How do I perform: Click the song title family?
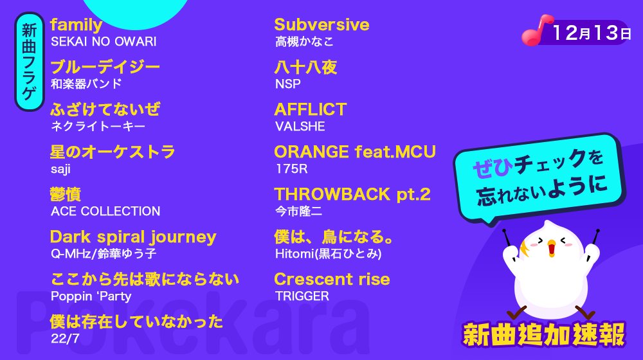76,25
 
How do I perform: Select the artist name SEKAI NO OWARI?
103,42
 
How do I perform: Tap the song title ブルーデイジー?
105,67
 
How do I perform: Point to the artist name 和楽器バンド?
86,84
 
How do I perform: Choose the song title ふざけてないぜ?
105,109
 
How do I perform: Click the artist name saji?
60,169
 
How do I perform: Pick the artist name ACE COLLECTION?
105,212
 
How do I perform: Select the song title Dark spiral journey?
133,237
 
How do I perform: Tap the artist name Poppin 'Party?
91,296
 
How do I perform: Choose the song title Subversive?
321,25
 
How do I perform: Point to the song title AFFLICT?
310,109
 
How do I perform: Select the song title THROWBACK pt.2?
352,194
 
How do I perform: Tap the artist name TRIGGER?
301,296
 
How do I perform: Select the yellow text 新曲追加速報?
543,334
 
